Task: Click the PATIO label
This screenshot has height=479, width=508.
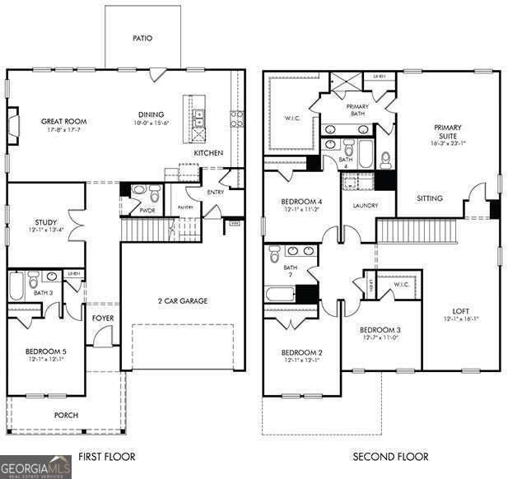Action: [x=142, y=38]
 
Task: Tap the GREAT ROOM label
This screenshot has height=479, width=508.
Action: [x=64, y=122]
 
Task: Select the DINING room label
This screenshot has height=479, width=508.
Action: [x=151, y=114]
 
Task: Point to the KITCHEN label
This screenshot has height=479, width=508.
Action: [x=208, y=153]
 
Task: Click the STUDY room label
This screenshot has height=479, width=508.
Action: [x=45, y=222]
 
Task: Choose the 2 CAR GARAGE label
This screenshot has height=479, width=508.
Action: [x=182, y=300]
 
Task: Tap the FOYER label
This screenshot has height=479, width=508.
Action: [x=102, y=317]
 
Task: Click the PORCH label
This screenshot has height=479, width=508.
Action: [x=66, y=415]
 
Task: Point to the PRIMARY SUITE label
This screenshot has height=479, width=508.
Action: [x=448, y=133]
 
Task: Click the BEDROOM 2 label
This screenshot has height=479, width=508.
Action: [x=302, y=352]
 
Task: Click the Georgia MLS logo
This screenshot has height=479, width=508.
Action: [x=36, y=466]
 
